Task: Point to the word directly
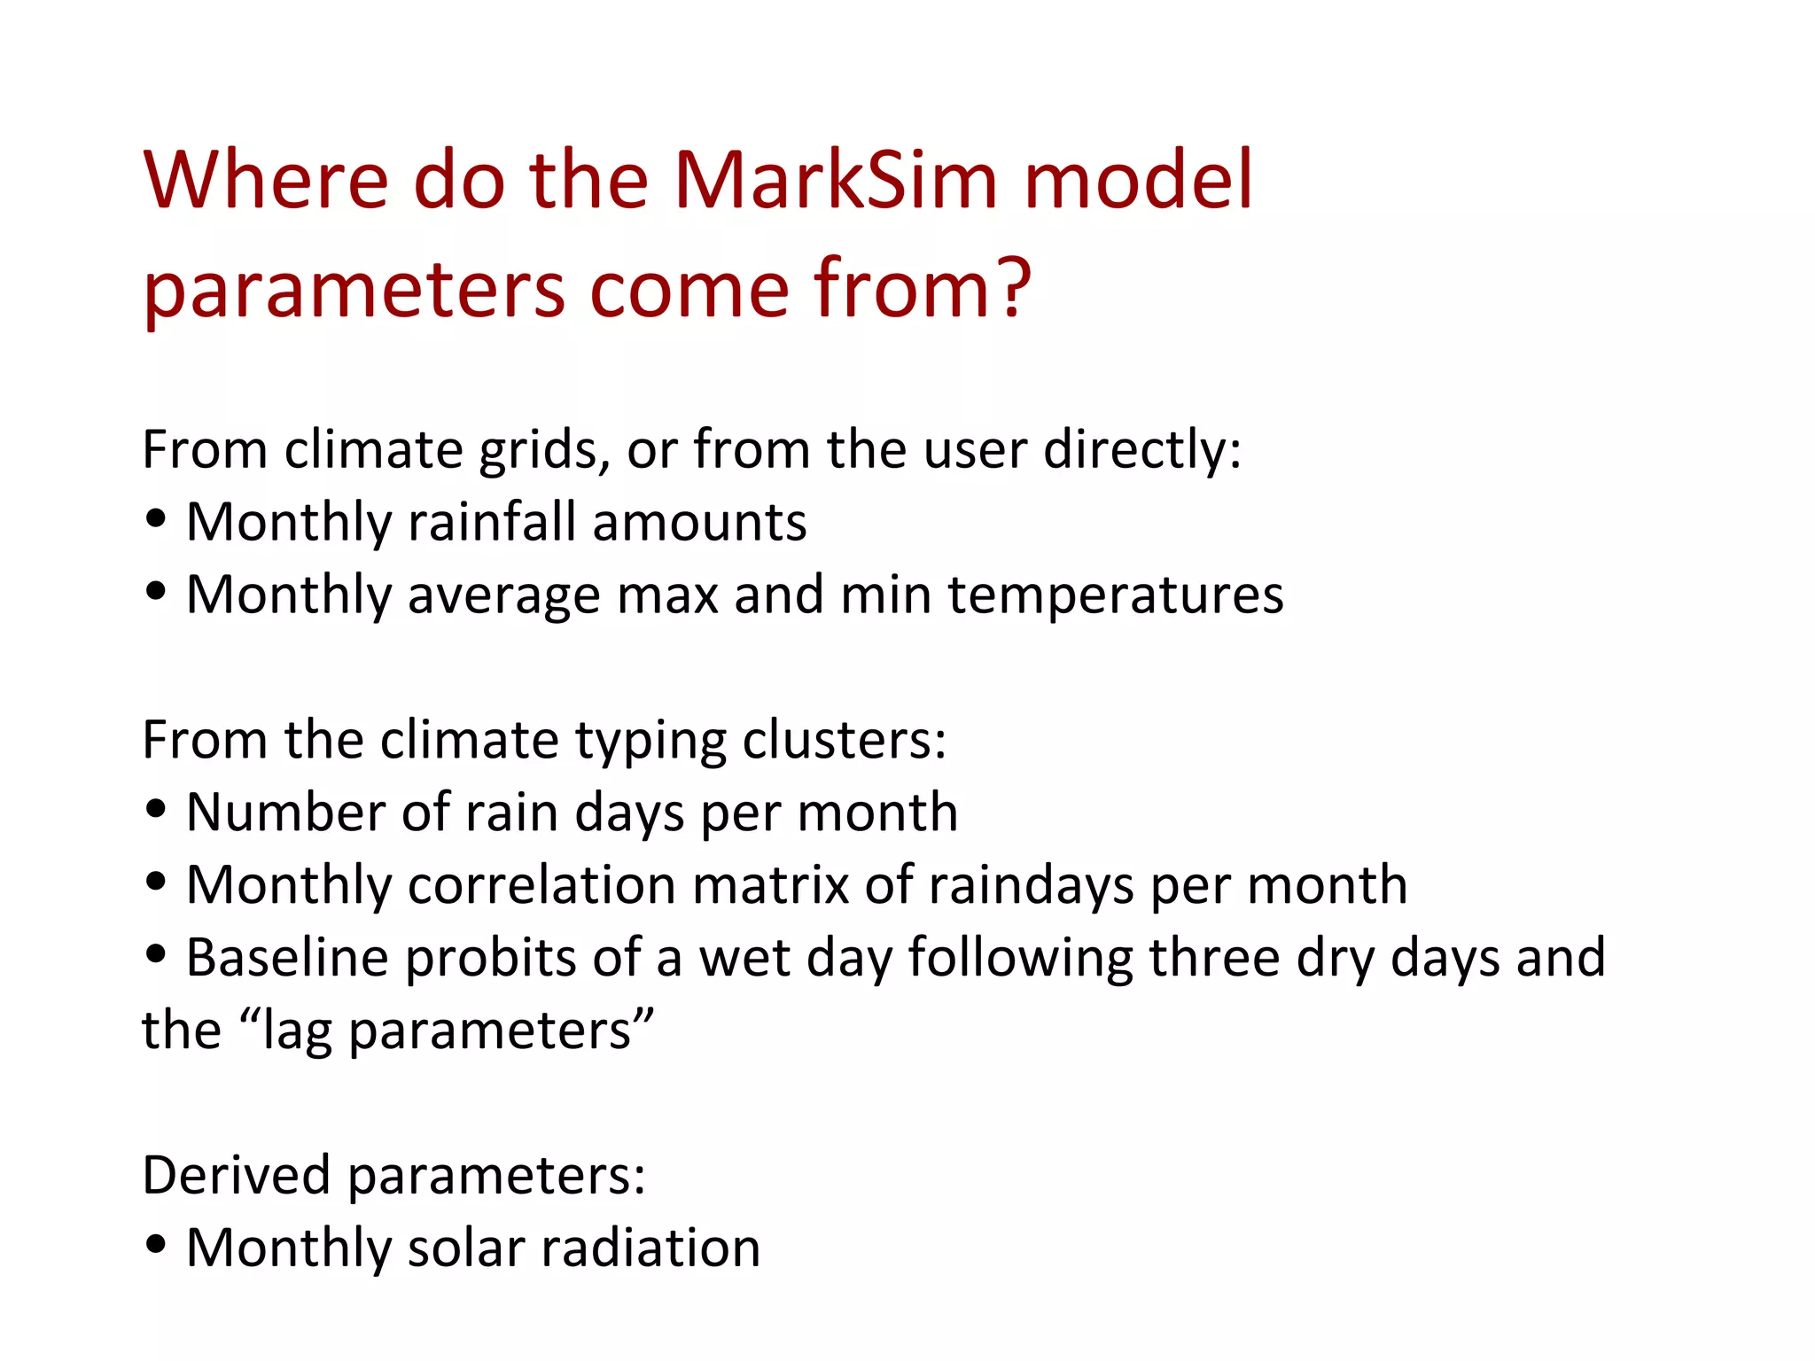(1142, 450)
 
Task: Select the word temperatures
(1116, 595)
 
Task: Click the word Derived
(236, 1176)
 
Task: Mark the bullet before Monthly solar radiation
(156, 1244)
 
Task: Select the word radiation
(650, 1248)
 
